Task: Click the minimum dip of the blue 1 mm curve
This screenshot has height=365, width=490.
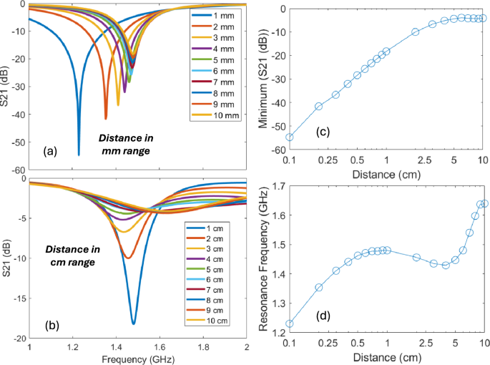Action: tap(79, 154)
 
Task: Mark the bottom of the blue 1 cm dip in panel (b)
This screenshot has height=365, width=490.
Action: tap(133, 323)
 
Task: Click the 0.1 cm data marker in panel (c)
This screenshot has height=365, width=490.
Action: tap(290, 137)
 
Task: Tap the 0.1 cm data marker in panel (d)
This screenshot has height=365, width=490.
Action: tap(290, 323)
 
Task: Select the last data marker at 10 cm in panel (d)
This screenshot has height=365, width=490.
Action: tap(484, 203)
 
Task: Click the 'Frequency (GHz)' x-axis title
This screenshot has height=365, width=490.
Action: tap(137, 358)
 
